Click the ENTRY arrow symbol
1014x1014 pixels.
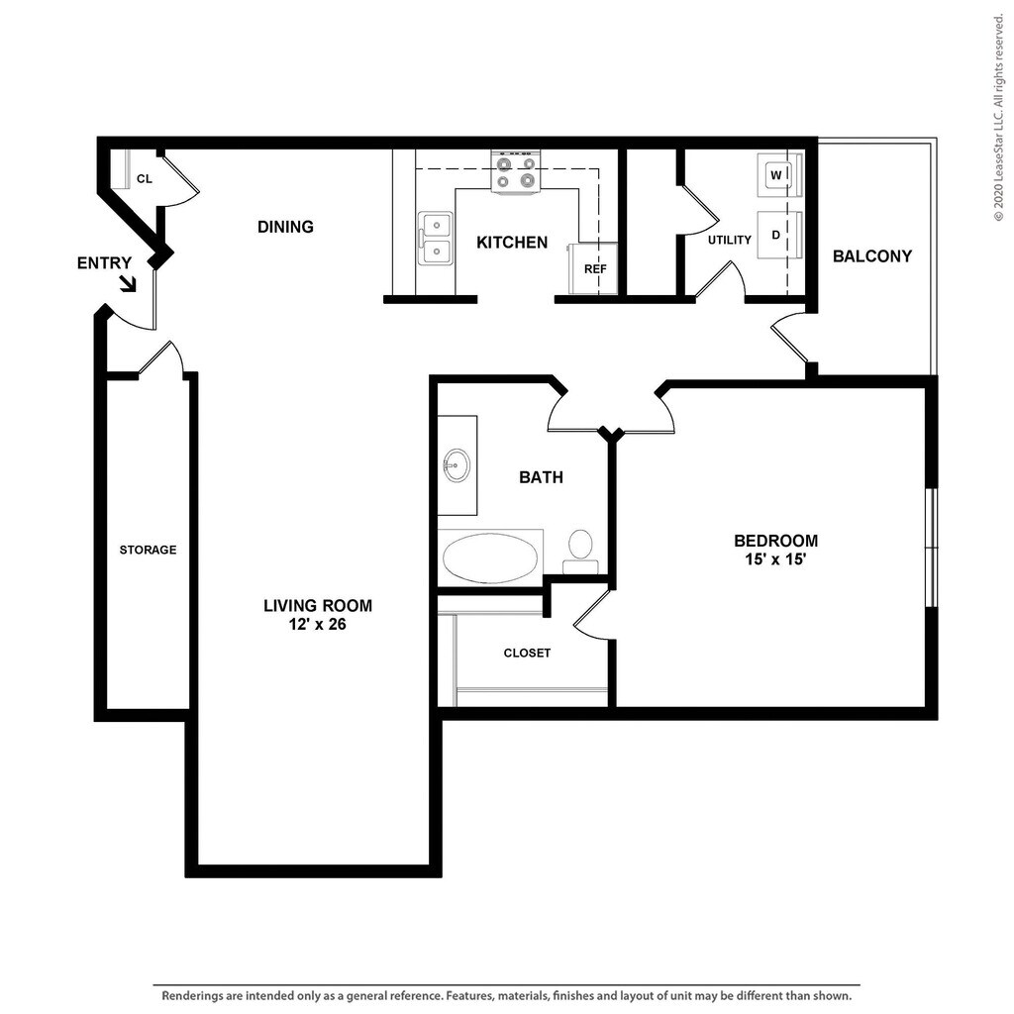[x=129, y=283]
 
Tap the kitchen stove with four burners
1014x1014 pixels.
[x=515, y=171]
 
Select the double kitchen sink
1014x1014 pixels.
[x=436, y=239]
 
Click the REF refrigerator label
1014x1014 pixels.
[x=595, y=269]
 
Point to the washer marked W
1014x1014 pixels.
[x=780, y=174]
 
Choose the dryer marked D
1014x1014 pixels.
[x=780, y=235]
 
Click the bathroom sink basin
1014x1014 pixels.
[x=456, y=465]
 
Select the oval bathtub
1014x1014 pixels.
[x=490, y=558]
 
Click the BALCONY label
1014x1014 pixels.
[x=871, y=256]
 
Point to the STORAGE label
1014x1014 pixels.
[x=148, y=550]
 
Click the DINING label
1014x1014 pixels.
[x=285, y=227]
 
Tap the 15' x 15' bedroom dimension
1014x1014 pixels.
[x=775, y=559]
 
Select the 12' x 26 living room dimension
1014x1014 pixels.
[x=318, y=624]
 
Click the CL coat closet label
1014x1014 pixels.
[x=145, y=178]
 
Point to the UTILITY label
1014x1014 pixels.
[x=730, y=240]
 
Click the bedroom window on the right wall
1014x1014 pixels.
[x=931, y=547]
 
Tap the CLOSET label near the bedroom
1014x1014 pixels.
[x=527, y=654]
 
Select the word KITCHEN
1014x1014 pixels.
[x=512, y=243]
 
